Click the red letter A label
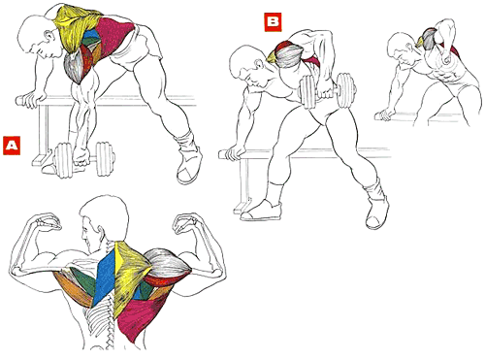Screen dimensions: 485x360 click(x=12, y=146)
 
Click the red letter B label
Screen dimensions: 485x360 click(x=273, y=22)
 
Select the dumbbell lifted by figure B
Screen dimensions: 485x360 click(x=328, y=90)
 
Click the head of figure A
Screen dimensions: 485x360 click(x=38, y=37)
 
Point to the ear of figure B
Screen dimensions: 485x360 click(x=259, y=64)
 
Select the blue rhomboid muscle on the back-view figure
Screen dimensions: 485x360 click(x=104, y=278)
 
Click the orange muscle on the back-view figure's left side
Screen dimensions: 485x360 click(x=75, y=289)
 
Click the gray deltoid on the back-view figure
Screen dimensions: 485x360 click(x=168, y=263)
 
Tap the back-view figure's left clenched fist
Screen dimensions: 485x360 click(x=48, y=222)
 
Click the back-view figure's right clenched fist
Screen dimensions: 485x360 click(x=185, y=223)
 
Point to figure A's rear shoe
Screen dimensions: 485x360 click(x=189, y=162)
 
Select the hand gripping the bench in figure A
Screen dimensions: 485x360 click(x=34, y=100)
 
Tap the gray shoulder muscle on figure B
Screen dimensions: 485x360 click(x=289, y=55)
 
